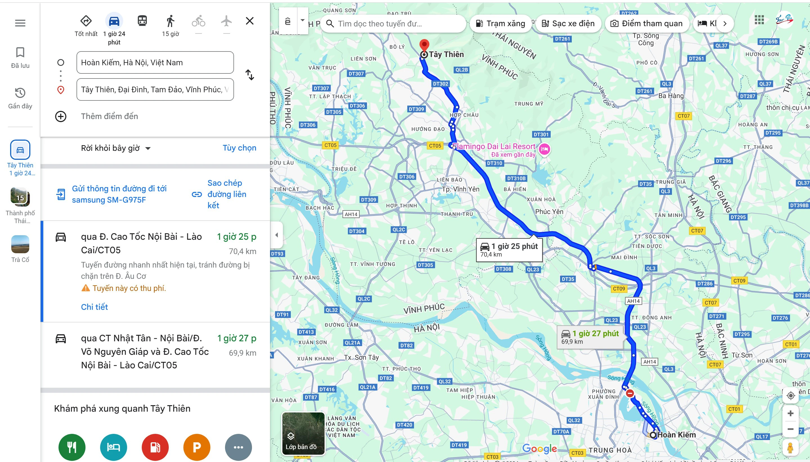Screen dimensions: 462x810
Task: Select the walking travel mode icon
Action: [x=170, y=21]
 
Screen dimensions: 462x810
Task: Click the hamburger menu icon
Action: [x=20, y=23]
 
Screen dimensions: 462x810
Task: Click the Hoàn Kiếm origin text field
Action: [x=155, y=62]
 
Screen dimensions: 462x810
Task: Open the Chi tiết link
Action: [x=94, y=307]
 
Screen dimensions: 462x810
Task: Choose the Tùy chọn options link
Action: [x=239, y=148]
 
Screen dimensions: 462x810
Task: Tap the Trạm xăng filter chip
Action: [x=500, y=23]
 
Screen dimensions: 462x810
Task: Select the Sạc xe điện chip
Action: [x=568, y=23]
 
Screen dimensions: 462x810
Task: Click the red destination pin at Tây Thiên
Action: [x=424, y=45]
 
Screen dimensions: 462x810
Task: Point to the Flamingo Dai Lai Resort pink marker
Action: [x=544, y=149]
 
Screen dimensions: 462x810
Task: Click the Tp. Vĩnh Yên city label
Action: [x=460, y=189]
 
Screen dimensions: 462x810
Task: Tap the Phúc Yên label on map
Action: [x=549, y=212]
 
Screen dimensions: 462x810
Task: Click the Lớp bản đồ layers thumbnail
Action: [x=303, y=433]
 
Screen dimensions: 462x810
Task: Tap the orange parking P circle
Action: [x=197, y=447]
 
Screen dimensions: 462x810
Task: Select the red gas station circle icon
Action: [x=155, y=447]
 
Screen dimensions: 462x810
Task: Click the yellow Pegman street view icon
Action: [x=790, y=448]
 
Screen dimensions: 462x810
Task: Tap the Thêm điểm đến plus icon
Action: [x=60, y=116]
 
